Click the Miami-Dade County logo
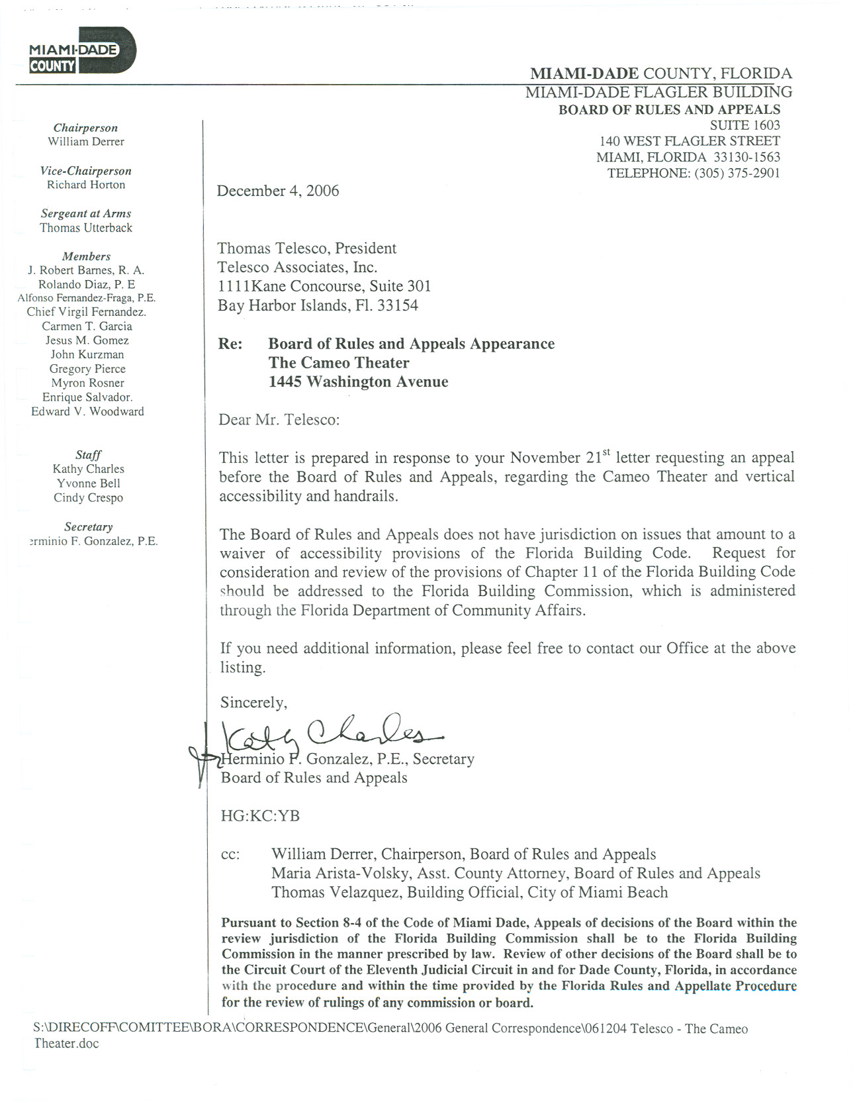tap(82, 50)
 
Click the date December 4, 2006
tap(278, 191)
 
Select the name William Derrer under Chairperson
tap(86, 142)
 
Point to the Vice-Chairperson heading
tap(86, 171)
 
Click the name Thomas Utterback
tap(86, 228)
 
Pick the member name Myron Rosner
tap(87, 383)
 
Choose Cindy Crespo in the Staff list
tap(88, 497)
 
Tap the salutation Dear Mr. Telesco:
tap(279, 420)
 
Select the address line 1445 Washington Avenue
tap(358, 381)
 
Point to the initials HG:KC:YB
tap(260, 816)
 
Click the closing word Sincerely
tap(253, 703)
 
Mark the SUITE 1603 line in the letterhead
tap(744, 125)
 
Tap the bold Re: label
tap(230, 344)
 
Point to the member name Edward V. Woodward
tap(87, 411)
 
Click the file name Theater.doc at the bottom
tap(66, 1043)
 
